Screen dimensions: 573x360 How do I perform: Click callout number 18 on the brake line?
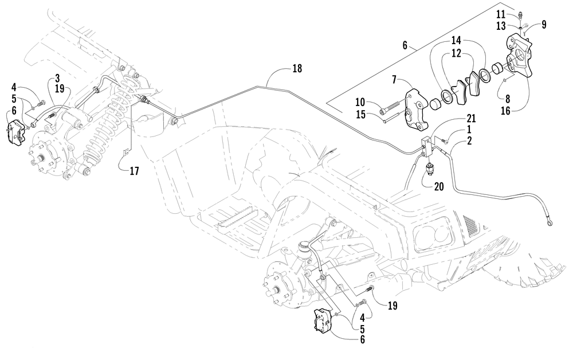pyautogui.click(x=297, y=68)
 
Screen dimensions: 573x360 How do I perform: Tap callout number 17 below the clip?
pyautogui.click(x=135, y=171)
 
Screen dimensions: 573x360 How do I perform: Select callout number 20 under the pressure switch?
pyautogui.click(x=439, y=186)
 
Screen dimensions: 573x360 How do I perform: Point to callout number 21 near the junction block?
pyautogui.click(x=471, y=119)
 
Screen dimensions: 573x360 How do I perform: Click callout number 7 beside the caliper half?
pyautogui.click(x=394, y=80)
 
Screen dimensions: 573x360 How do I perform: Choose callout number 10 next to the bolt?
pyautogui.click(x=360, y=103)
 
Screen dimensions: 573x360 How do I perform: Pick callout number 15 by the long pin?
pyautogui.click(x=360, y=115)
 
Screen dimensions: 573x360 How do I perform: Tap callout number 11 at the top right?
pyautogui.click(x=501, y=15)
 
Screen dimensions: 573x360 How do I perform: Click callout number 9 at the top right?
pyautogui.click(x=544, y=25)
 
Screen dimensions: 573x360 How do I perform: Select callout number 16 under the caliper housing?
pyautogui.click(x=505, y=111)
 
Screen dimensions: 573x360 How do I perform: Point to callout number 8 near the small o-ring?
pyautogui.click(x=507, y=99)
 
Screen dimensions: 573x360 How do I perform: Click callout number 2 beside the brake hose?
pyautogui.click(x=469, y=140)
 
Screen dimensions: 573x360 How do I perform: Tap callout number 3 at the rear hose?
pyautogui.click(x=57, y=78)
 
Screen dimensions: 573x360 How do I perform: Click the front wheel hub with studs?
pyautogui.click(x=278, y=289)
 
